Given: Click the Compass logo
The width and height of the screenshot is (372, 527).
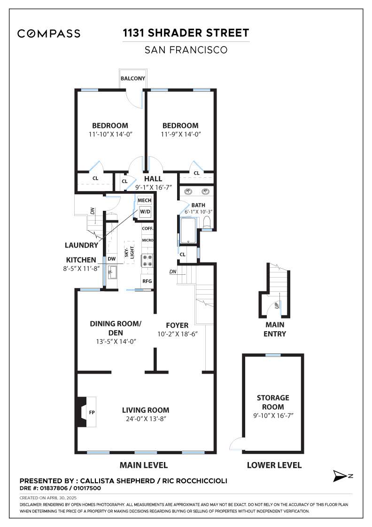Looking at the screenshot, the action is pyautogui.click(x=49, y=33).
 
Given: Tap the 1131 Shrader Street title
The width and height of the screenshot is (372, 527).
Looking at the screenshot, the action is pyautogui.click(x=186, y=33).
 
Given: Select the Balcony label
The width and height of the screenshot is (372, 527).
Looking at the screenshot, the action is pyautogui.click(x=133, y=78).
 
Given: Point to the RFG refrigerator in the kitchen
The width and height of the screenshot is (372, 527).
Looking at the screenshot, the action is pyautogui.click(x=147, y=281).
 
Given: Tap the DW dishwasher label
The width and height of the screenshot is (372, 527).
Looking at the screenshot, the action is pyautogui.click(x=112, y=259).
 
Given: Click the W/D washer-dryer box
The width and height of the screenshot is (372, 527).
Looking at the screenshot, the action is pyautogui.click(x=145, y=212).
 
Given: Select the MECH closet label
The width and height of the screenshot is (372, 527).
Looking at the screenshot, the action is pyautogui.click(x=145, y=200).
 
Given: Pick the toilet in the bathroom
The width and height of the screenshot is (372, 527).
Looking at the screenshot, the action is pyautogui.click(x=207, y=223).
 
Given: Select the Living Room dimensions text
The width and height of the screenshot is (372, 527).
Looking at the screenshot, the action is pyautogui.click(x=146, y=419).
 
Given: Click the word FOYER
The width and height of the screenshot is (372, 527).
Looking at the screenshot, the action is pyautogui.click(x=177, y=325).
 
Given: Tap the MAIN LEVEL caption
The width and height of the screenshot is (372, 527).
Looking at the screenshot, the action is pyautogui.click(x=144, y=465).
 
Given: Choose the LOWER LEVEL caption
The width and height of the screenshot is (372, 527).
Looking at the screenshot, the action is pyautogui.click(x=274, y=465).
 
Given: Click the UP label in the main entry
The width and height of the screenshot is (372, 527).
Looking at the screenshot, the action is pyautogui.click(x=277, y=305).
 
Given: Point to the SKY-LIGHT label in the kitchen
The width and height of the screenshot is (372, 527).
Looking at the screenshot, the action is pyautogui.click(x=129, y=252).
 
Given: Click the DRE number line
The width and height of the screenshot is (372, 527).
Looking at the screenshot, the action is pyautogui.click(x=61, y=488).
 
